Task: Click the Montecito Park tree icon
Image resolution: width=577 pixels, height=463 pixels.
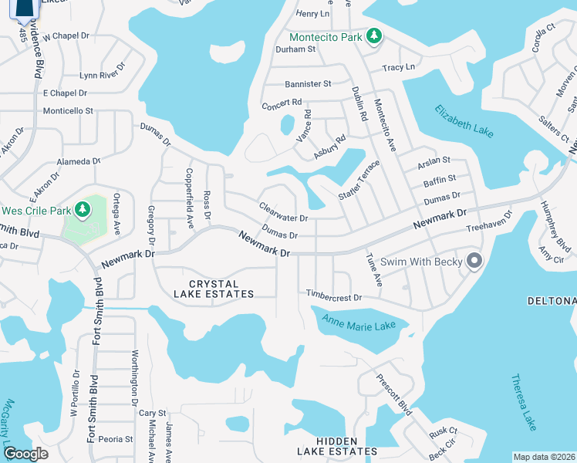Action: (x=374, y=36)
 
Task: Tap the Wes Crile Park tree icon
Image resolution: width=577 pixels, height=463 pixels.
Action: (x=82, y=210)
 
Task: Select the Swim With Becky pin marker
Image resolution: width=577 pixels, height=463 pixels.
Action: (x=474, y=262)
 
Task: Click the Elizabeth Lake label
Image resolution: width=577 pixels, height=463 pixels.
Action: (x=463, y=122)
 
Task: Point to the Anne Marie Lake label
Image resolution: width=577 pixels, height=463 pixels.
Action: (x=359, y=326)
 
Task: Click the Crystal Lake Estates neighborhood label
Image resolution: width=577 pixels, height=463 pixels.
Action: (x=211, y=289)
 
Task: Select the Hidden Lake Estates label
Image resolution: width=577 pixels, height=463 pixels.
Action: (x=338, y=451)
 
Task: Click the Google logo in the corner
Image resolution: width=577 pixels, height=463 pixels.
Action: (x=26, y=454)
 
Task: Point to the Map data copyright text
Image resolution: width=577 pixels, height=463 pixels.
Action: (x=544, y=457)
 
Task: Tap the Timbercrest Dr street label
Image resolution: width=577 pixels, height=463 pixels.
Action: (x=334, y=297)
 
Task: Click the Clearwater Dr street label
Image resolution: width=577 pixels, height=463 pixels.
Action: (x=283, y=212)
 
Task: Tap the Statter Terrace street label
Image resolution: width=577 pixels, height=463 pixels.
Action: (x=359, y=181)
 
